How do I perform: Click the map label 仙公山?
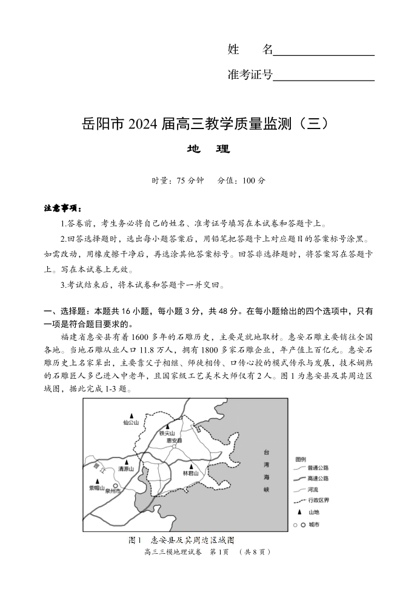131,423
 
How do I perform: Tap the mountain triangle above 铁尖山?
167,426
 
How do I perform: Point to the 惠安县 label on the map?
174,441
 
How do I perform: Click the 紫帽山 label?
97,487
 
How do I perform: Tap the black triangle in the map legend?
300,511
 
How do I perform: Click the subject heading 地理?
208,149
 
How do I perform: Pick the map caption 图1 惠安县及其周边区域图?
181,539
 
